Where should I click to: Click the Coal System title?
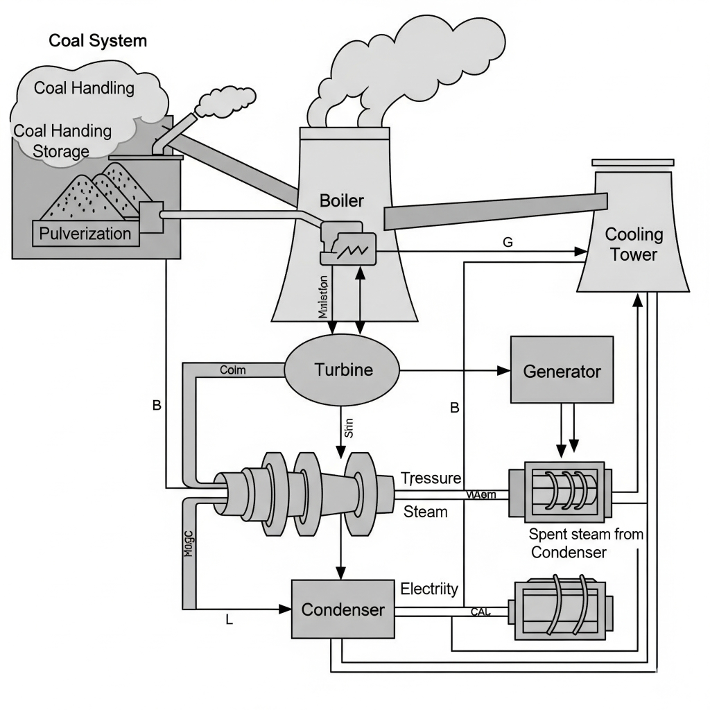point(98,40)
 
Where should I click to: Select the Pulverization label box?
point(85,233)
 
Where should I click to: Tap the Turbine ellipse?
point(343,370)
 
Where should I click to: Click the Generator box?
point(562,370)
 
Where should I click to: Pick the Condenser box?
point(343,609)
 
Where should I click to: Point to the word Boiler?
point(341,201)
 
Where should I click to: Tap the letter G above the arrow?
point(508,242)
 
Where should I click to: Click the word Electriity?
point(430,589)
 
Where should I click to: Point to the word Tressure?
point(431,478)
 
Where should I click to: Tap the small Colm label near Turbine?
point(232,370)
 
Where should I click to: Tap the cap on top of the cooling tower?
point(632,162)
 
